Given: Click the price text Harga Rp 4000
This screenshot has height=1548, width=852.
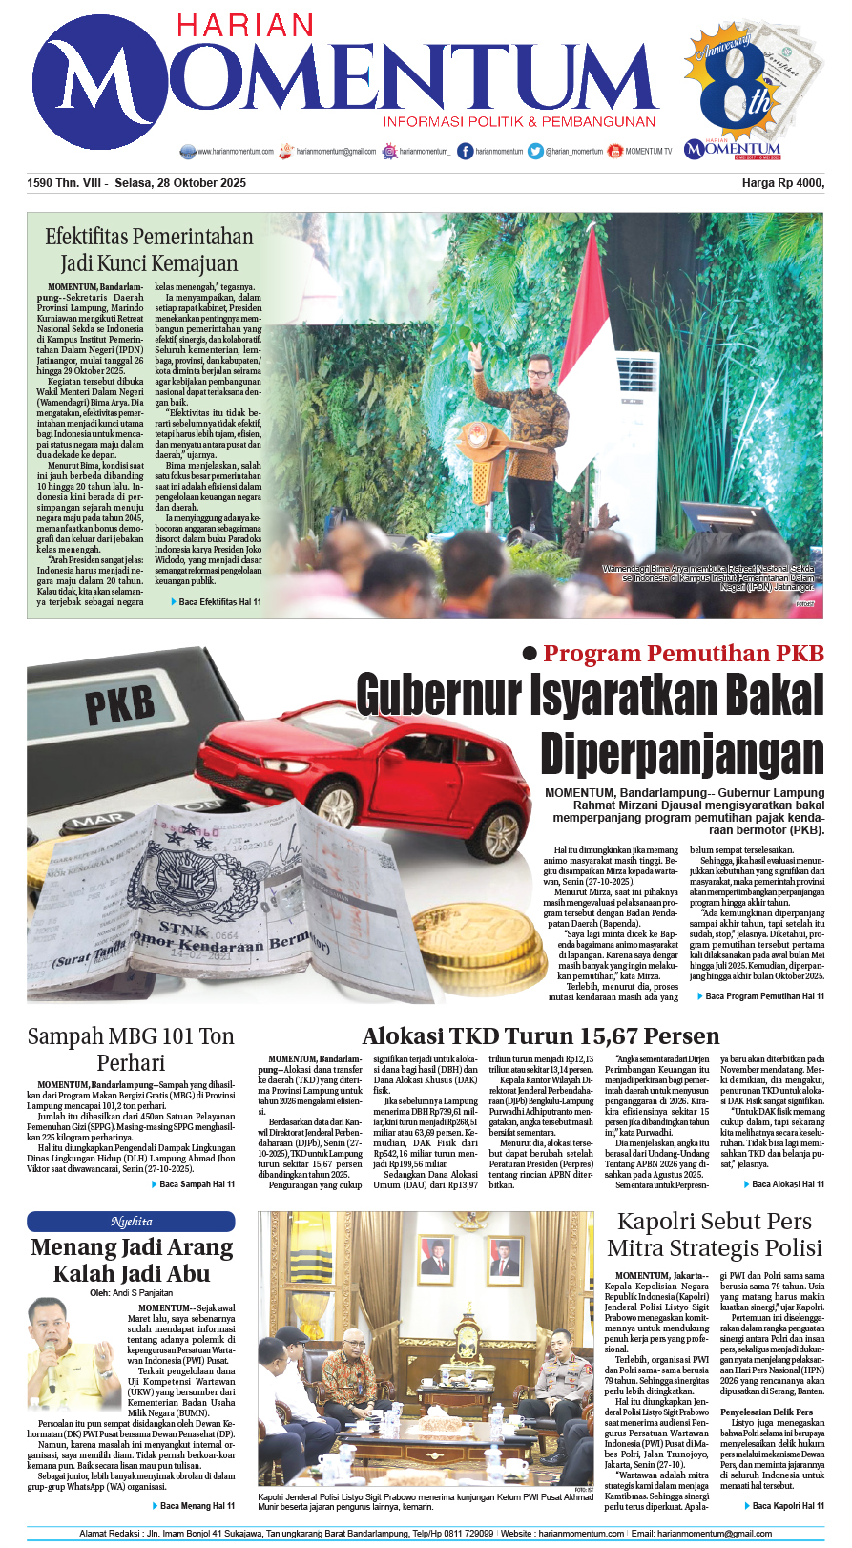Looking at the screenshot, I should pyautogui.click(x=782, y=183).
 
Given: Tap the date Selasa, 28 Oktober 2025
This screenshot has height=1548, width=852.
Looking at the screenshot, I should pyautogui.click(x=179, y=183).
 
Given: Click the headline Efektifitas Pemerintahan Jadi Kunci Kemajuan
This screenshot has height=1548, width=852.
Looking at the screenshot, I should pyautogui.click(x=149, y=249).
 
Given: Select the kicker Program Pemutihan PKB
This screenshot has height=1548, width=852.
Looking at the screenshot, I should pyautogui.click(x=683, y=654).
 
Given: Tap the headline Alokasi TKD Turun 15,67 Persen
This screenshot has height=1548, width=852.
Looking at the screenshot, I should pyautogui.click(x=540, y=1036).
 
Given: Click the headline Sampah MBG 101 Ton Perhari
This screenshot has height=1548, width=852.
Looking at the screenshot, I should pyautogui.click(x=131, y=1049).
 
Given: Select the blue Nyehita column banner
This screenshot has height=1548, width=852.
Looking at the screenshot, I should pyautogui.click(x=131, y=1222).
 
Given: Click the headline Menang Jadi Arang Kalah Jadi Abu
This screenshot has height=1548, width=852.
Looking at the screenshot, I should pyautogui.click(x=132, y=1260).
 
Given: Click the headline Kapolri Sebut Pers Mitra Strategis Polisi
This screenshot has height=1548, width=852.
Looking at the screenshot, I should pyautogui.click(x=715, y=1234).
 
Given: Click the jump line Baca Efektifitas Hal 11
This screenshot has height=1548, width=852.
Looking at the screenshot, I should pyautogui.click(x=219, y=602).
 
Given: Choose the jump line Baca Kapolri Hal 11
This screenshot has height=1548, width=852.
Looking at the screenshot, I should pyautogui.click(x=788, y=1505).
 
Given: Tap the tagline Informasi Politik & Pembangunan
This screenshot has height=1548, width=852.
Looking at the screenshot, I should pyautogui.click(x=519, y=122).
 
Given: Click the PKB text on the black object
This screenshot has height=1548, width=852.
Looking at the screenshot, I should pyautogui.click(x=119, y=704).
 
